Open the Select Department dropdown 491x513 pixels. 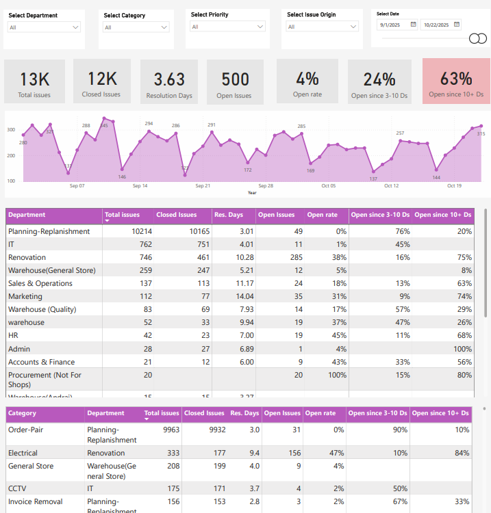pyautogui.click(x=44, y=27)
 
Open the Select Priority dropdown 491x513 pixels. pyautogui.click(x=227, y=27)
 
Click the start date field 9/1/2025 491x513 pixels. pyautogui.click(x=396, y=25)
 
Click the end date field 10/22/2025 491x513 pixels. pyautogui.click(x=440, y=25)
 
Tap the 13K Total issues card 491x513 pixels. pyautogui.click(x=34, y=81)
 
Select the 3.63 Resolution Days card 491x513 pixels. pyautogui.click(x=169, y=81)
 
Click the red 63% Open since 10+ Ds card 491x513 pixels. pyautogui.click(x=456, y=81)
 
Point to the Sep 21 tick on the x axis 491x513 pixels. pyautogui.click(x=203, y=186)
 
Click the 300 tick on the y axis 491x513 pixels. pyautogui.click(x=11, y=129)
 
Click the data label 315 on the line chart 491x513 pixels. pyautogui.click(x=481, y=134)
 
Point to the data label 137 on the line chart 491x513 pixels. pyautogui.click(x=373, y=179)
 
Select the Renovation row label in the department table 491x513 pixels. pyautogui.click(x=27, y=257)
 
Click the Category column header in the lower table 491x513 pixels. pyautogui.click(x=23, y=413)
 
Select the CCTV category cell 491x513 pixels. pyautogui.click(x=17, y=488)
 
